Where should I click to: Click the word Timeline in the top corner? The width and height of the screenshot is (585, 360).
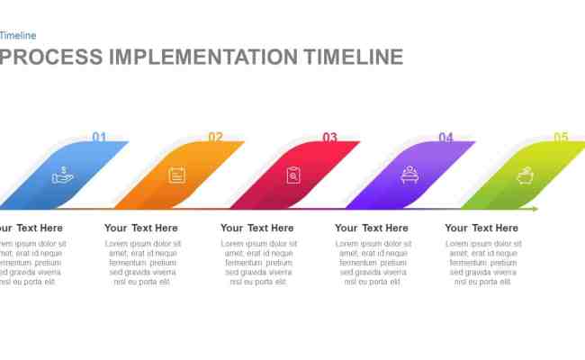[18, 36]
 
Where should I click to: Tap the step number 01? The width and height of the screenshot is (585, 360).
[99, 138]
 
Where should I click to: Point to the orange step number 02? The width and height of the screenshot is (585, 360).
[216, 138]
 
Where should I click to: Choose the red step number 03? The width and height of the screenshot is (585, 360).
[330, 138]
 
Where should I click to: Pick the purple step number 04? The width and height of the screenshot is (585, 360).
[445, 138]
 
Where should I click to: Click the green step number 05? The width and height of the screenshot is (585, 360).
[561, 138]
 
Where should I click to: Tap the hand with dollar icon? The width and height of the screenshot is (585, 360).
[62, 175]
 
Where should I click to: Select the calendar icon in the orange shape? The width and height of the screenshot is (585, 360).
[177, 175]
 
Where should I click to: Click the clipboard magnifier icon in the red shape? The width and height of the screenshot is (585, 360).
[293, 175]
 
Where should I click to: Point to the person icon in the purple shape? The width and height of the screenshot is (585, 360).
[409, 175]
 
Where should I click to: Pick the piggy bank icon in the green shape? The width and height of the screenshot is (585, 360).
[525, 175]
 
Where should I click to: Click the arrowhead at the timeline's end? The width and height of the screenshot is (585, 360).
[535, 209]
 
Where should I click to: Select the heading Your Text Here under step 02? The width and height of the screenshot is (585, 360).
[141, 229]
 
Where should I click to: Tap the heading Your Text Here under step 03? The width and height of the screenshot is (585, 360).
[257, 229]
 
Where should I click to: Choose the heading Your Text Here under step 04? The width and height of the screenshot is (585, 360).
[372, 229]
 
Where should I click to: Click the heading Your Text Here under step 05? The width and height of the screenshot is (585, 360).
[481, 229]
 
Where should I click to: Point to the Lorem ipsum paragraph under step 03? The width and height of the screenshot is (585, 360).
[257, 263]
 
